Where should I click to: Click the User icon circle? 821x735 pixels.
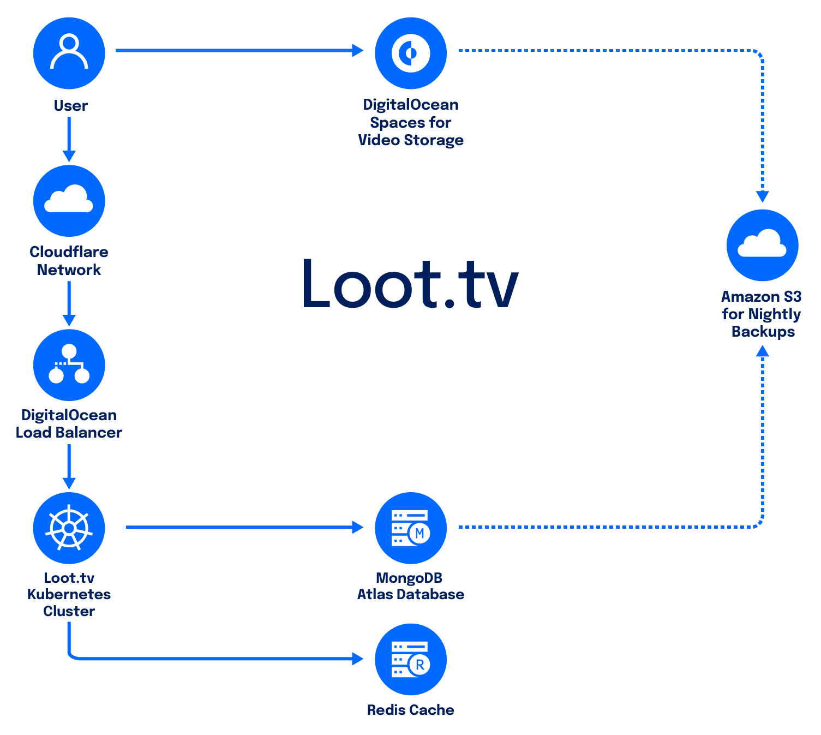click(x=69, y=53)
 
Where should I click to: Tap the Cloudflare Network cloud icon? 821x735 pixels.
click(x=69, y=200)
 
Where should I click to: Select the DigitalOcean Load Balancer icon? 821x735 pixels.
click(x=69, y=364)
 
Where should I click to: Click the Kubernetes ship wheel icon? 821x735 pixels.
click(x=69, y=528)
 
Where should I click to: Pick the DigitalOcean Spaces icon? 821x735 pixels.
click(x=411, y=53)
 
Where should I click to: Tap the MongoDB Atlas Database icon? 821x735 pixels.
click(x=411, y=528)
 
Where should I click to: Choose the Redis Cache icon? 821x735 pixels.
click(x=411, y=659)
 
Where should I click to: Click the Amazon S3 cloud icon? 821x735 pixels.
click(x=762, y=245)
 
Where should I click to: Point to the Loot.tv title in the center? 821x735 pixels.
click(x=410, y=284)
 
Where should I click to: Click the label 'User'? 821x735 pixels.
click(x=71, y=105)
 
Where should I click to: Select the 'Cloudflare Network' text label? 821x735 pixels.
click(x=69, y=261)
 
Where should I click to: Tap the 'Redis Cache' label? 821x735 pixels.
click(x=411, y=710)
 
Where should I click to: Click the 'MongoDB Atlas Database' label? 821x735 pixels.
click(x=411, y=586)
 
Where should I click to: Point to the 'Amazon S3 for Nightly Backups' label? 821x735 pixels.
click(x=762, y=314)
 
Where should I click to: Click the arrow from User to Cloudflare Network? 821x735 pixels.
click(x=69, y=139)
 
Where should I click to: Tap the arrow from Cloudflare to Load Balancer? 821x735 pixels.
click(x=69, y=303)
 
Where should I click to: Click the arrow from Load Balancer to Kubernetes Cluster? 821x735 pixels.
click(x=69, y=466)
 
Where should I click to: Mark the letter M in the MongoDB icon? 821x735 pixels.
click(x=420, y=533)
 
